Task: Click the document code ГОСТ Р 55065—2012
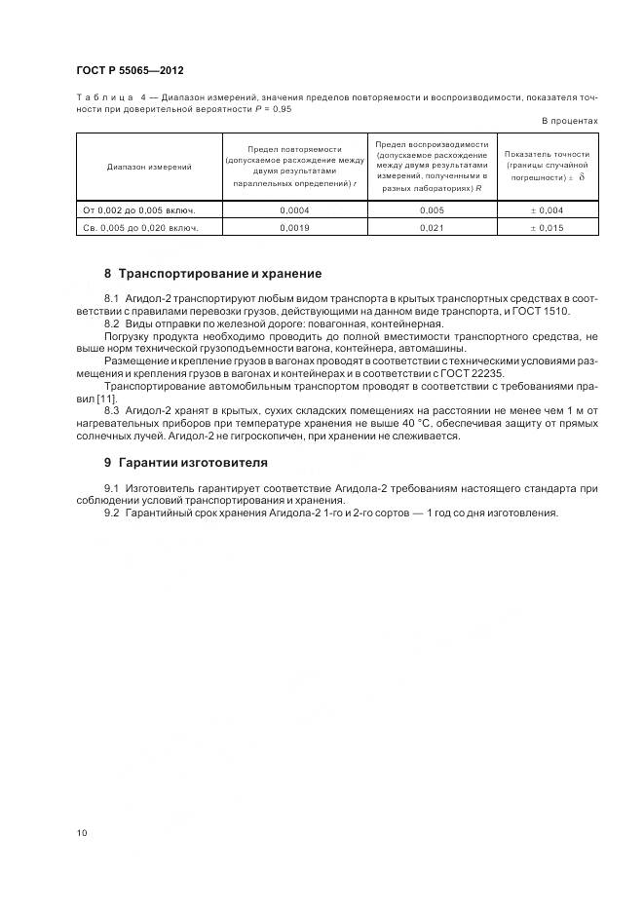click(x=129, y=72)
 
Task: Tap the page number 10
click(x=80, y=833)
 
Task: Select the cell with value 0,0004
click(x=294, y=209)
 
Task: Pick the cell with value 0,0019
click(x=294, y=227)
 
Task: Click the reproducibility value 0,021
click(x=432, y=227)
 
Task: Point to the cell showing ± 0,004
click(x=548, y=209)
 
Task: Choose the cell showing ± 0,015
click(x=548, y=227)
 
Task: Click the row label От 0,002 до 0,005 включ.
click(x=138, y=209)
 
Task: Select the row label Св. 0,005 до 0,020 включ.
click(x=140, y=227)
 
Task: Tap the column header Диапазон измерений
click(x=149, y=167)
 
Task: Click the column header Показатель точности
click(x=548, y=154)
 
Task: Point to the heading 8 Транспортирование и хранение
click(x=212, y=274)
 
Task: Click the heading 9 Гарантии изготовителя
click(x=185, y=463)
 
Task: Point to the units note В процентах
click(x=569, y=121)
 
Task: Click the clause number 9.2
click(x=111, y=513)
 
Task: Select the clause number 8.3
click(x=111, y=411)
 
